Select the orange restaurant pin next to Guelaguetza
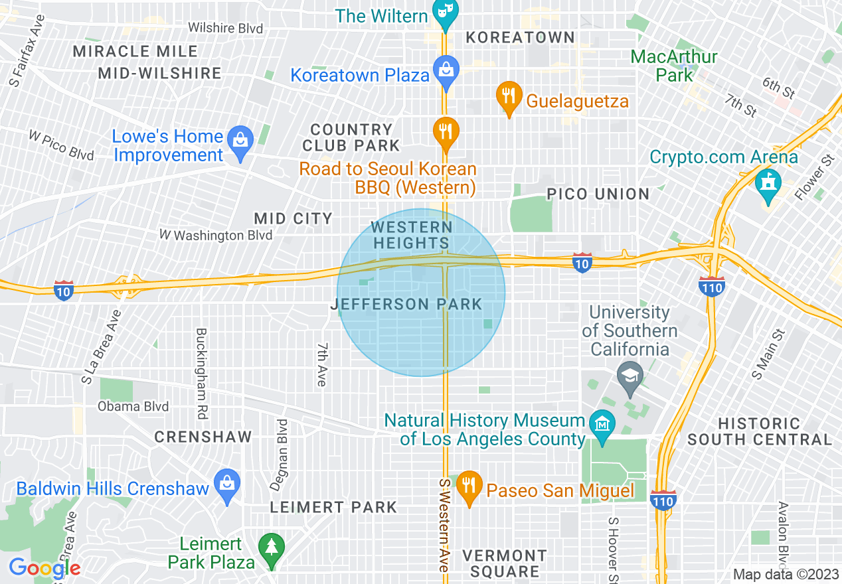coord(509,97)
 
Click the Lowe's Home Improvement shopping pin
coord(240,142)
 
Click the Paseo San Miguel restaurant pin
coord(469,486)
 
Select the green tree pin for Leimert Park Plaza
coord(272,548)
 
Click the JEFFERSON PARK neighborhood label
coord(406,305)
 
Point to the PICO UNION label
coord(598,194)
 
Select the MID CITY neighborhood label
coord(293,218)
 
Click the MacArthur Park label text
coord(674,66)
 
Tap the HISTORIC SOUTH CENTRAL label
coord(759,431)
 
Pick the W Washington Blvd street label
coord(216,235)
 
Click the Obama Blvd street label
coord(133,406)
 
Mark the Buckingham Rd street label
coord(202,373)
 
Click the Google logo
coord(44,568)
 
